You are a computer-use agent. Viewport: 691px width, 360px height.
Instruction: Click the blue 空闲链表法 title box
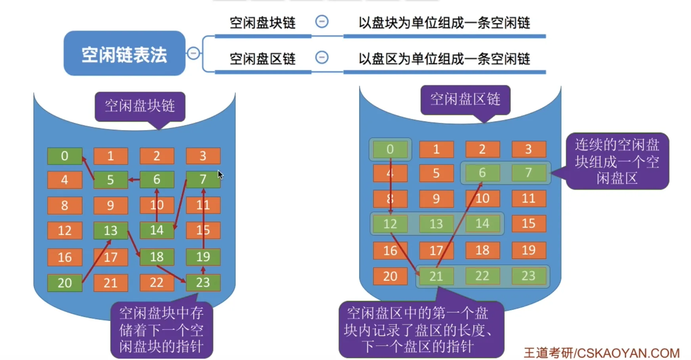tap(124, 54)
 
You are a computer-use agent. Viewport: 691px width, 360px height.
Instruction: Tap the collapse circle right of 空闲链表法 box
tap(193, 53)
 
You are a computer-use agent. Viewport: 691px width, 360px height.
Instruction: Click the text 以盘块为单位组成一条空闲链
tap(444, 23)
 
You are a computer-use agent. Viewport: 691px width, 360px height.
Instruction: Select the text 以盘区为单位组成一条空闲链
tap(444, 59)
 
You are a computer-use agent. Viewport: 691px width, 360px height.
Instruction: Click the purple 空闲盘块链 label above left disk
tap(139, 106)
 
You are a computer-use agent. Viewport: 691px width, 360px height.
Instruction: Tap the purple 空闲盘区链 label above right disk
tap(465, 99)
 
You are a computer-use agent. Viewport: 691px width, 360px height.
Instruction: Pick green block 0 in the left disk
tap(65, 156)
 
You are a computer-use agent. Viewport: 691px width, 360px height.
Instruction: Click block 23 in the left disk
tap(203, 282)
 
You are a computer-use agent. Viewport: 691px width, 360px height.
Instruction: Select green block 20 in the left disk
tap(65, 283)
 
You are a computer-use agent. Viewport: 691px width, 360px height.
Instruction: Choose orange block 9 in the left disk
tap(111, 205)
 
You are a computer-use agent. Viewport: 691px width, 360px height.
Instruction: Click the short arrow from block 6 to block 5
tap(134, 180)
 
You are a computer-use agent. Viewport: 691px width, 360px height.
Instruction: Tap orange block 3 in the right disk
tap(529, 149)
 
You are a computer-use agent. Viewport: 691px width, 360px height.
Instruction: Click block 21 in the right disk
tap(436, 276)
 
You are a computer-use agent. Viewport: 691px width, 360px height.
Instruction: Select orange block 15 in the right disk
tap(529, 224)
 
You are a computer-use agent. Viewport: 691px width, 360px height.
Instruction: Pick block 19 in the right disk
tap(529, 250)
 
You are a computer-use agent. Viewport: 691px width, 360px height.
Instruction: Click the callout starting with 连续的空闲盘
tap(617, 161)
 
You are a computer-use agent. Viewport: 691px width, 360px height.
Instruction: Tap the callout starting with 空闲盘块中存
tap(161, 329)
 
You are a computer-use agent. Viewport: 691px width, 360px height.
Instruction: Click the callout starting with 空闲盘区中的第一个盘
tap(421, 329)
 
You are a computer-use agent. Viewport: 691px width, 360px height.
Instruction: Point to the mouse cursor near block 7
tap(220, 174)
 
